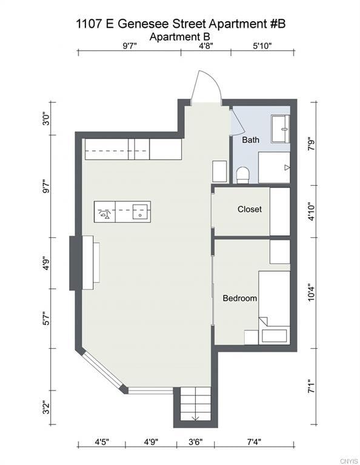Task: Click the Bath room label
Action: (250, 140)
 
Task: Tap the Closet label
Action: (250, 209)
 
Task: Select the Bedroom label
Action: (240, 298)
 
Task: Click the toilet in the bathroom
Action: (243, 175)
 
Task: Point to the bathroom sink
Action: (281, 129)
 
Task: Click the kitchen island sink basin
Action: (140, 212)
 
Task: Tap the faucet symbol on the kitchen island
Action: (104, 214)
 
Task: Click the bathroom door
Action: (238, 122)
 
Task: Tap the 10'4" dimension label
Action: (312, 292)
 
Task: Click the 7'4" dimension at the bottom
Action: (254, 442)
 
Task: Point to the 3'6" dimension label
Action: (196, 442)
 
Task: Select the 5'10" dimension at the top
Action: (262, 46)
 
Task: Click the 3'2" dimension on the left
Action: (46, 407)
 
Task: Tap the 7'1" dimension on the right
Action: (312, 386)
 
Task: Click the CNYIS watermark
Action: (349, 461)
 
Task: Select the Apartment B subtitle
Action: (180, 37)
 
